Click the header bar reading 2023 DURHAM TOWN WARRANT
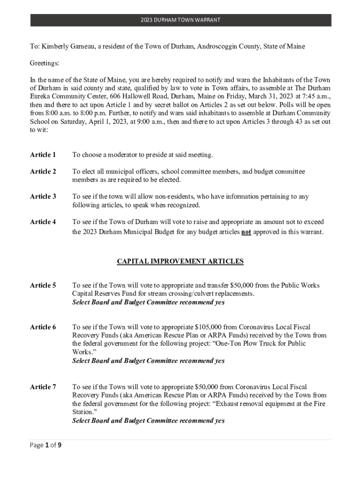(180, 20)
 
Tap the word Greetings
(45, 63)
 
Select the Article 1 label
(43, 155)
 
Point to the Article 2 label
(43, 172)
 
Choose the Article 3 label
(43, 197)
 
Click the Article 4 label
(43, 222)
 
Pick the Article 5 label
(43, 285)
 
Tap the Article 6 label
(43, 327)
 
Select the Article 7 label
(43, 387)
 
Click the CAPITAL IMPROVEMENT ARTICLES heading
(180, 261)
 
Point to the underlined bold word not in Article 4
(246, 232)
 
